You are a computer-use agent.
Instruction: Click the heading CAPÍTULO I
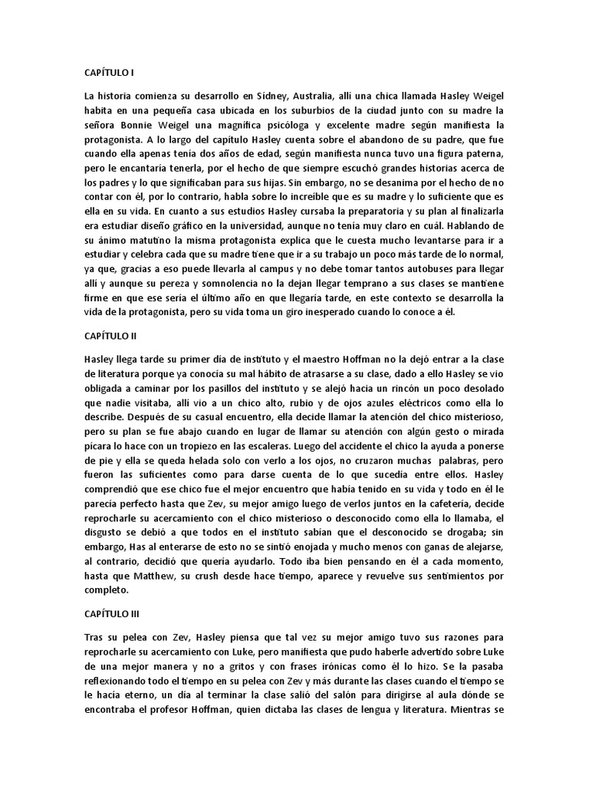pos(109,73)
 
